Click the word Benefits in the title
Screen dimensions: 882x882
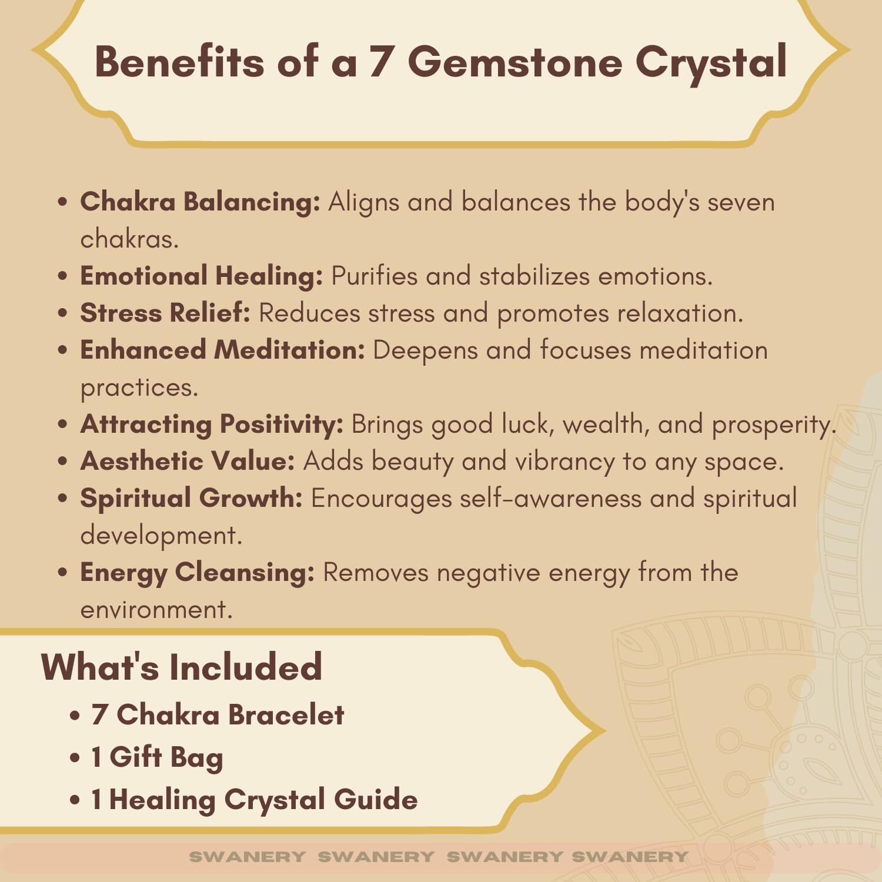pyautogui.click(x=180, y=61)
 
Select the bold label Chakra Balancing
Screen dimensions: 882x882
pyautogui.click(x=200, y=202)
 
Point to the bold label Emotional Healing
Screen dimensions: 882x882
pyautogui.click(x=202, y=276)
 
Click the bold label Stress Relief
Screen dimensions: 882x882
pyautogui.click(x=165, y=312)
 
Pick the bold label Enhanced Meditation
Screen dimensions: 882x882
pyautogui.click(x=222, y=349)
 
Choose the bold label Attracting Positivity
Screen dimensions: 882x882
pyautogui.click(x=212, y=424)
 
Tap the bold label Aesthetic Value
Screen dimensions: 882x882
pyautogui.click(x=187, y=460)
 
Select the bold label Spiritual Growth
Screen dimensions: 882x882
pyautogui.click(x=191, y=498)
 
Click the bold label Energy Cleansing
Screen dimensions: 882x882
pyautogui.click(x=198, y=572)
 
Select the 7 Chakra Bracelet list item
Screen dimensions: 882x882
pyautogui.click(x=218, y=714)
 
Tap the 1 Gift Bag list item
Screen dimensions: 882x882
pyautogui.click(x=157, y=757)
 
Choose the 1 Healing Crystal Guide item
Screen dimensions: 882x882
pyautogui.click(x=255, y=800)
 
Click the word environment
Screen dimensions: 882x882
pyautogui.click(x=156, y=610)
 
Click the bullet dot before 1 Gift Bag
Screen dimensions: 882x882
pyautogui.click(x=75, y=758)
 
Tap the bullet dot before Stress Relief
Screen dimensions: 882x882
pyautogui.click(x=64, y=313)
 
